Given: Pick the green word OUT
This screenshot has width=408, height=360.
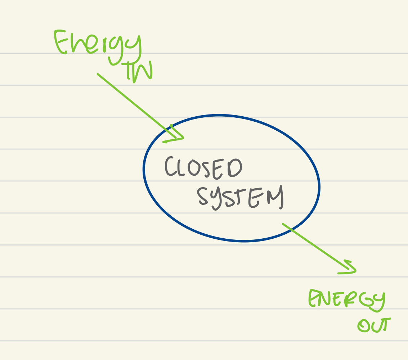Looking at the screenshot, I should (x=374, y=325).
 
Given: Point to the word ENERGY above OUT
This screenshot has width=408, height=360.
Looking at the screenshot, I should (x=346, y=299).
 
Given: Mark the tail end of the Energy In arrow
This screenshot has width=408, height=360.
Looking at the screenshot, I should (x=98, y=74).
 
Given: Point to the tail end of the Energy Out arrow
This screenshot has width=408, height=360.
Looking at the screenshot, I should (x=283, y=224).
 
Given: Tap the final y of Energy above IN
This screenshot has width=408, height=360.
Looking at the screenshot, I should (x=133, y=47).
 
